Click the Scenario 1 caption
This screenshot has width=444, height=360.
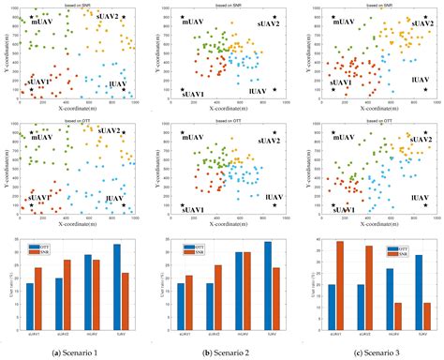click(x=73, y=352)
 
